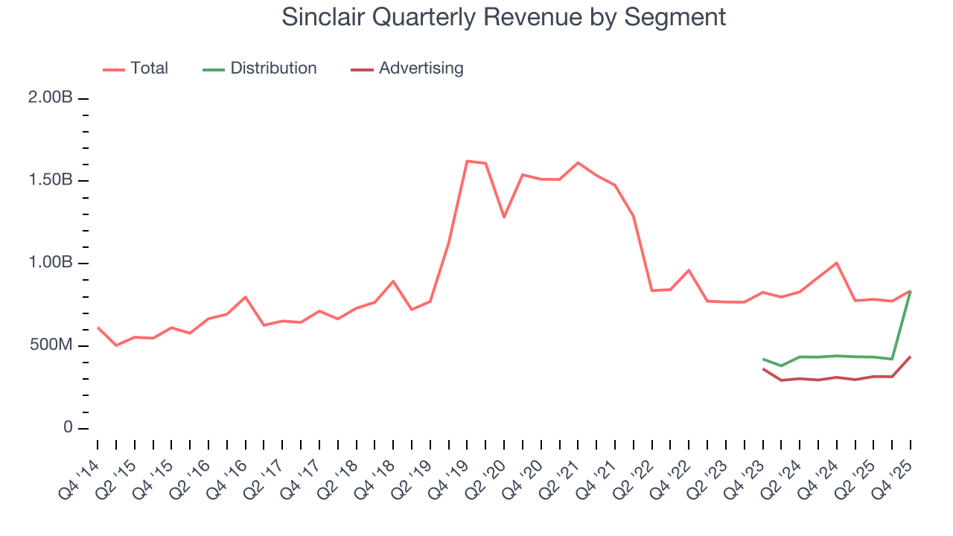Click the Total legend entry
[149, 68]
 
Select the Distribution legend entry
[272, 68]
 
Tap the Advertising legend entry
[421, 68]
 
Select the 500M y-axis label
[50, 346]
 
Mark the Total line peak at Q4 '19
[467, 161]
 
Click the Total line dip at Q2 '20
[504, 217]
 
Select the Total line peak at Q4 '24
[837, 263]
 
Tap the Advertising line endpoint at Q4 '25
[911, 357]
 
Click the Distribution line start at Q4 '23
[763, 359]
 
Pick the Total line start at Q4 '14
[98, 327]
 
